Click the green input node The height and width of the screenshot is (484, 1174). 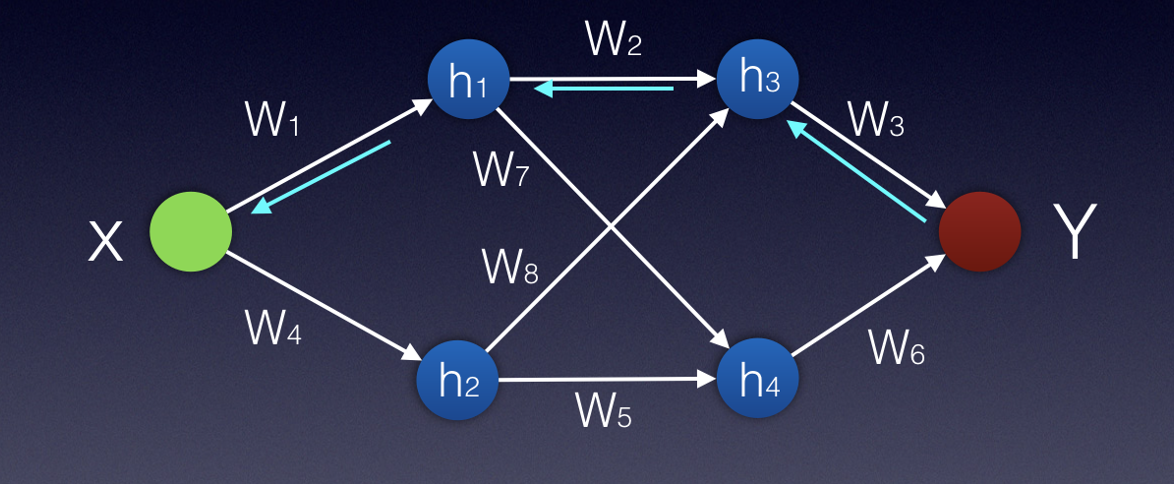(x=191, y=232)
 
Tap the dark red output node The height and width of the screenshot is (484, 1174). (x=979, y=232)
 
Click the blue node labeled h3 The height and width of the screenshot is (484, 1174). (x=757, y=79)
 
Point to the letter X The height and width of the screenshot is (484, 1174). (x=105, y=241)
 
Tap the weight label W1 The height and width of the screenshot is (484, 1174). (x=274, y=122)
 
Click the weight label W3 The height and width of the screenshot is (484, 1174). (x=875, y=121)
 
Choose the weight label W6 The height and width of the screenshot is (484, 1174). (x=896, y=346)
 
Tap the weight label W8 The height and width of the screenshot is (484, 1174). (x=510, y=266)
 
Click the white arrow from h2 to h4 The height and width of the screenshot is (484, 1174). (x=606, y=379)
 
